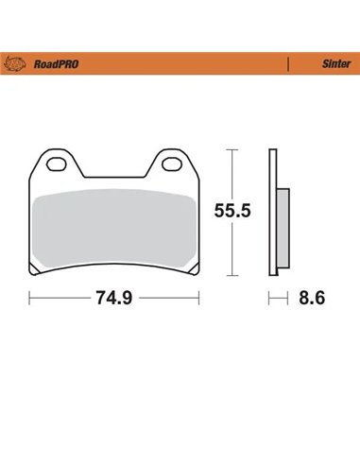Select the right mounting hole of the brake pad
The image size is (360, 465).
tap(173, 166)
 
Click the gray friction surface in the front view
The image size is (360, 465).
tap(113, 227)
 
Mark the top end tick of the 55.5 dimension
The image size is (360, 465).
tap(229, 149)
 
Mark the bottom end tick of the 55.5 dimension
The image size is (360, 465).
tap(229, 276)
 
